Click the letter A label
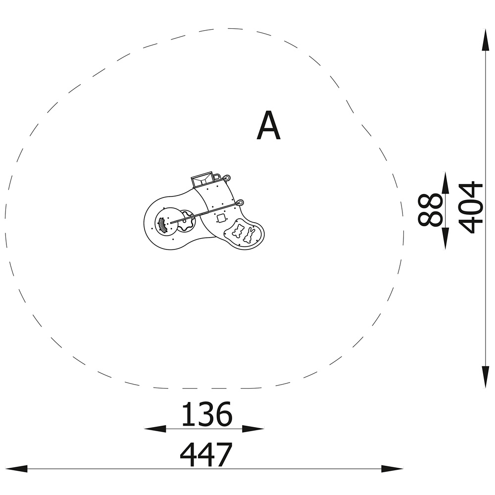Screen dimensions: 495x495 (268, 125)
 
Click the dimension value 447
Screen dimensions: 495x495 (206, 454)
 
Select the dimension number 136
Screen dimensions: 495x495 (207, 414)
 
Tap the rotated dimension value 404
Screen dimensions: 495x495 (470, 207)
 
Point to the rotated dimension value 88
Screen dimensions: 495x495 (430, 209)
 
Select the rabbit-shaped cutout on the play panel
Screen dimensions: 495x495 (249, 235)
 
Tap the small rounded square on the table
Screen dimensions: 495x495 (221, 218)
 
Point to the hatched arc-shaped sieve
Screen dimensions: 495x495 (162, 225)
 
